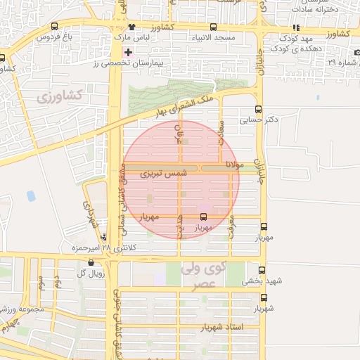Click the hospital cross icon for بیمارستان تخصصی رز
click(128, 52)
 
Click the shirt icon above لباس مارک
click(131, 26)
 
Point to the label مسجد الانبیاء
click(233, 37)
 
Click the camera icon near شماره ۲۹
click(356, 52)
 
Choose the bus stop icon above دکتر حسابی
click(259, 109)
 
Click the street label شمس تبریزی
click(163, 172)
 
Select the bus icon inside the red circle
click(204, 217)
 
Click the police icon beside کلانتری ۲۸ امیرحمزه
click(104, 237)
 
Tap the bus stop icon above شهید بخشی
click(262, 270)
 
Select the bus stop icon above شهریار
click(263, 297)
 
